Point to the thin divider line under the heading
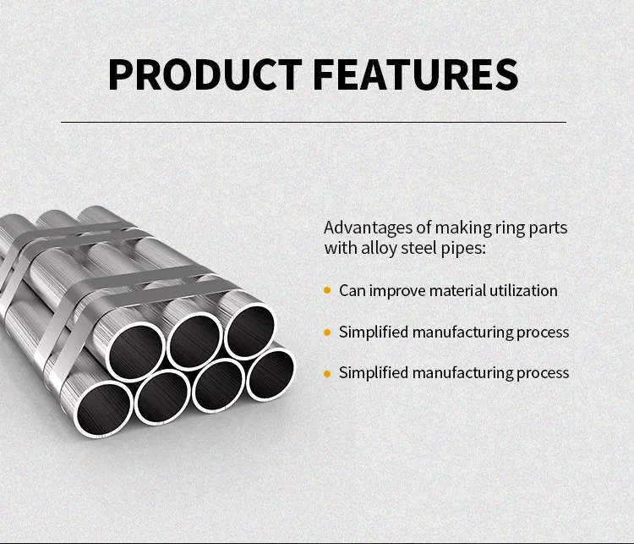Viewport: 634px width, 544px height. pos(314,122)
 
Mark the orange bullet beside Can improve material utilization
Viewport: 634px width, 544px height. pos(327,290)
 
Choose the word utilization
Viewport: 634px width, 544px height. pos(523,290)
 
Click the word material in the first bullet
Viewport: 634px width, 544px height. pos(457,290)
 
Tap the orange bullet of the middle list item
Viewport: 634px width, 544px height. pos(327,332)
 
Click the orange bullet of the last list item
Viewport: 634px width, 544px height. pos(327,372)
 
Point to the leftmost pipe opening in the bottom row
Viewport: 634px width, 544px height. pos(106,409)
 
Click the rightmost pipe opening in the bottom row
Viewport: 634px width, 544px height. pos(270,373)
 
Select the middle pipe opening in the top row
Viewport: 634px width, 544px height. pos(195,340)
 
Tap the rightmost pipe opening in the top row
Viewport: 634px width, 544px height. pos(249,329)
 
